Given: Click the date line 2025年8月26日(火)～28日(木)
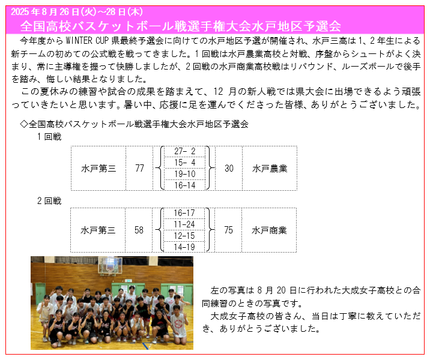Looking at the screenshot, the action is (x=77, y=12).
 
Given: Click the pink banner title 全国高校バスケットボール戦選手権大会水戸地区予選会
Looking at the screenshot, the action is (x=180, y=26).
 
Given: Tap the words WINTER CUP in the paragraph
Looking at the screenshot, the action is (x=87, y=41).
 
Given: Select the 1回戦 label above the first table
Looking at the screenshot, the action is (x=49, y=136).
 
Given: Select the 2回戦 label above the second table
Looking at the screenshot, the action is (x=49, y=201).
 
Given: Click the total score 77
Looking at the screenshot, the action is (x=139, y=168).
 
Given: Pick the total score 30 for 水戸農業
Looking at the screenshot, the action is (x=229, y=168).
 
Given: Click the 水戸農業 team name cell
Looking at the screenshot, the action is (x=270, y=168).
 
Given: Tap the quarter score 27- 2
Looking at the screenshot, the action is (x=184, y=151).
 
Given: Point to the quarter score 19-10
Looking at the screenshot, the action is (x=184, y=174).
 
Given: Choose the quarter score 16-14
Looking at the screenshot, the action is (x=184, y=185).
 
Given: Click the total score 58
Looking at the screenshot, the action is (x=139, y=230).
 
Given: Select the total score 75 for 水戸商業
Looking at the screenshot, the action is (x=228, y=230).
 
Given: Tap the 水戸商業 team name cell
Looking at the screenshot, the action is (x=269, y=230).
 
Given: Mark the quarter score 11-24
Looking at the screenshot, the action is (x=184, y=224).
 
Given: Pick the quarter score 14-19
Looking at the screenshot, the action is (x=184, y=247).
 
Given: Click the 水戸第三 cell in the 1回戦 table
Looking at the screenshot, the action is (x=98, y=168).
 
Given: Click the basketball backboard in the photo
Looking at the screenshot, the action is (x=111, y=266).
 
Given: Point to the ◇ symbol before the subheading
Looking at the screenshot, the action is (x=24, y=124).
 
